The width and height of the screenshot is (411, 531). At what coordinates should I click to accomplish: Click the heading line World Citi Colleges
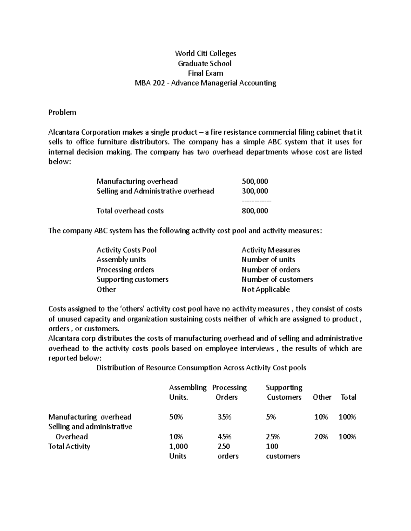pyautogui.click(x=205, y=53)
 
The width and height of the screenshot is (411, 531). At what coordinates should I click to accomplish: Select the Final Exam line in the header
pyautogui.click(x=205, y=73)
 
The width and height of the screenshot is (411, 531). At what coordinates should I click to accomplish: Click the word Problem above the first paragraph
pyautogui.click(x=62, y=112)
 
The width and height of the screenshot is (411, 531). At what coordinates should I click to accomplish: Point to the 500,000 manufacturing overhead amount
pyautogui.click(x=255, y=181)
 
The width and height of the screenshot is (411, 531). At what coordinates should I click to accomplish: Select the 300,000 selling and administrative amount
pyautogui.click(x=255, y=191)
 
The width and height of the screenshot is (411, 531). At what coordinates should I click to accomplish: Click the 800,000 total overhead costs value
pyautogui.click(x=255, y=211)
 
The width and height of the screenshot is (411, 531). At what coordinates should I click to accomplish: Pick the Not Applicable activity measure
pyautogui.click(x=265, y=290)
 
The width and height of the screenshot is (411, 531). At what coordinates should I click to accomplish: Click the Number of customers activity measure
pyautogui.click(x=277, y=280)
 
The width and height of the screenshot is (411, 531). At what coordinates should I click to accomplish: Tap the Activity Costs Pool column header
pyautogui.click(x=126, y=250)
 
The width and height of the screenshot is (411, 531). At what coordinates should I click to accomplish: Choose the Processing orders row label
pyautogui.click(x=125, y=270)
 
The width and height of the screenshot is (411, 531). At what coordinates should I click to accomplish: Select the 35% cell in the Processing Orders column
pyautogui.click(x=224, y=417)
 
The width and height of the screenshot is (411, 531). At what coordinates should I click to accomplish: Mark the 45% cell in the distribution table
pyautogui.click(x=224, y=437)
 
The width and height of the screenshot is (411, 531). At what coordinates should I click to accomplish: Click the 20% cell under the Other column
pyautogui.click(x=321, y=437)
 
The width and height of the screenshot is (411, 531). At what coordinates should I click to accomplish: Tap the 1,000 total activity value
pyautogui.click(x=178, y=447)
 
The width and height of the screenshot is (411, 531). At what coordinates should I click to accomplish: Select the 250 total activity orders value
pyautogui.click(x=224, y=447)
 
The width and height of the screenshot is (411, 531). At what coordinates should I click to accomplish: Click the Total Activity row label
pyautogui.click(x=69, y=447)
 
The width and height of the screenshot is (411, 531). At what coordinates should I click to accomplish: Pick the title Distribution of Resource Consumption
pyautogui.click(x=201, y=368)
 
